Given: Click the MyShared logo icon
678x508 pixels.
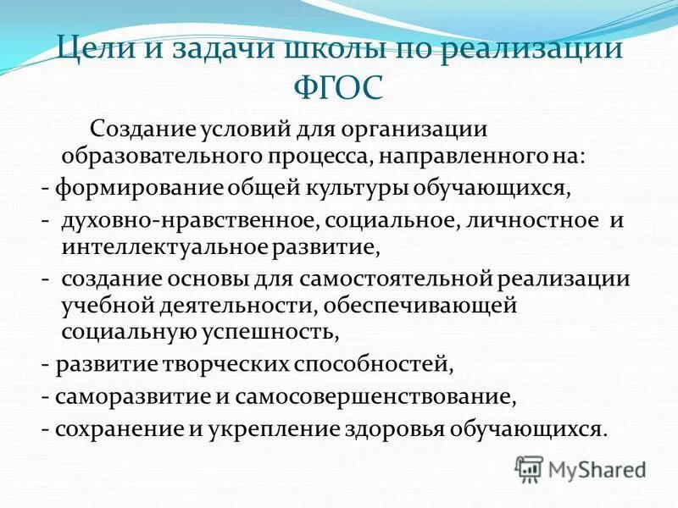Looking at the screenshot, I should click(529, 467).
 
